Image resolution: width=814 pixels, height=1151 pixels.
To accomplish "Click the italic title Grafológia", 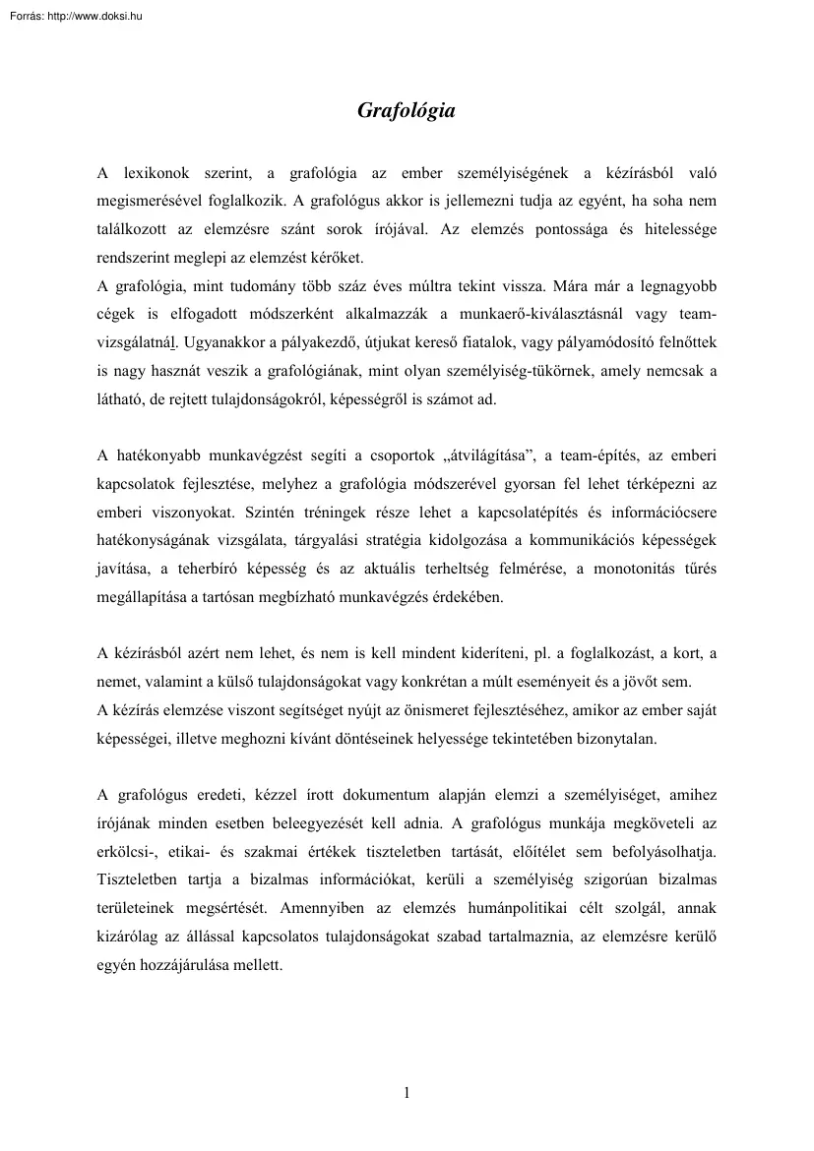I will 406,111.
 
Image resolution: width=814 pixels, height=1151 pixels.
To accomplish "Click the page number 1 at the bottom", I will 407,1092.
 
